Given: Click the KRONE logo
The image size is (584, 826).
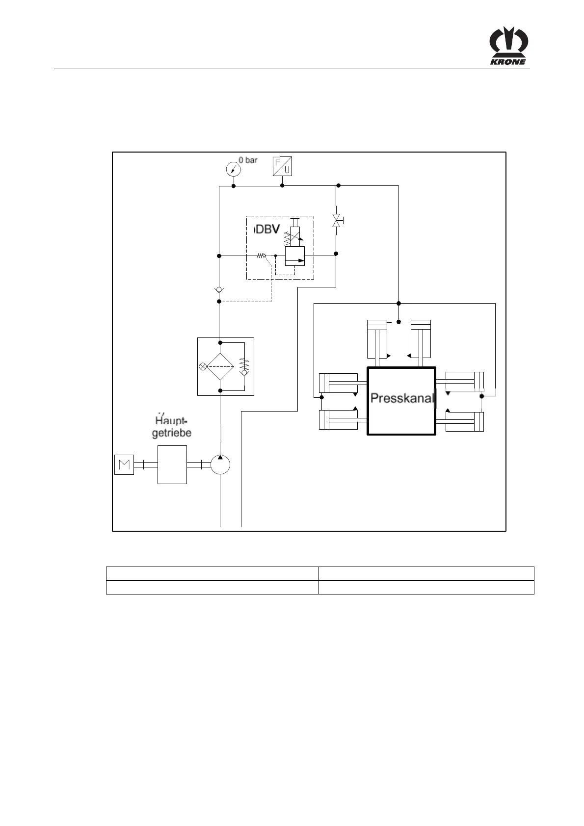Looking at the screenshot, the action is (x=509, y=46).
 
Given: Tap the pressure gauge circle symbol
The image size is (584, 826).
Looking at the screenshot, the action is (x=233, y=169).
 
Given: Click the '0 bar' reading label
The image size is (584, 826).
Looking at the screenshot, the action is (x=248, y=160).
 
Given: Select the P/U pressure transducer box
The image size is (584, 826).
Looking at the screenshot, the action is (x=282, y=166).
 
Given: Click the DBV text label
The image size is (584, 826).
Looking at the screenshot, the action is (x=268, y=230).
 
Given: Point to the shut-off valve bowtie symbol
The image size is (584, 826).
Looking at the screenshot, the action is (x=336, y=220).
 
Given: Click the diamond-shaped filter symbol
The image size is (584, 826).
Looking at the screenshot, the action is (x=220, y=366).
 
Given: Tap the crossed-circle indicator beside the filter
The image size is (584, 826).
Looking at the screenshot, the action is (x=203, y=366).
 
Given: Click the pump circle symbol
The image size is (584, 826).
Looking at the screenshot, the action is (x=220, y=465).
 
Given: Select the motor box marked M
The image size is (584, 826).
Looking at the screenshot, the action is (x=124, y=465).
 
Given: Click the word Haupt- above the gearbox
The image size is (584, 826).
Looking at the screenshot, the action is (x=172, y=421).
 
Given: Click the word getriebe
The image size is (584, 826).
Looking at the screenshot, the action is (x=172, y=433).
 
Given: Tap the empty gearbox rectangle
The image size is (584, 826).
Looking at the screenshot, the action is (x=172, y=465).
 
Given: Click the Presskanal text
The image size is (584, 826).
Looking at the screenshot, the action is (x=402, y=398).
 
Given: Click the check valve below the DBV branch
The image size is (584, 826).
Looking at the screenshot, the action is (x=219, y=290).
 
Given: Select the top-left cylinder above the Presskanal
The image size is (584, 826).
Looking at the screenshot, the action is (x=377, y=339).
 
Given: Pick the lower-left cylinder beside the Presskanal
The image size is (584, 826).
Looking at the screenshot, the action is (x=338, y=420).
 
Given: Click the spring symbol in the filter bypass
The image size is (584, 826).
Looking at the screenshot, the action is (x=244, y=364).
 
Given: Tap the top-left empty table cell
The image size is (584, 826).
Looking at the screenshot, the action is (x=212, y=574).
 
